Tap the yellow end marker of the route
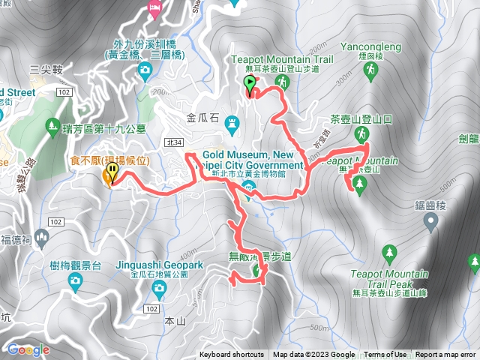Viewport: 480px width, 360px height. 112,174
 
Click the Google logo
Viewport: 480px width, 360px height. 28,349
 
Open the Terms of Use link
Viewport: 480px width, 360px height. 385,355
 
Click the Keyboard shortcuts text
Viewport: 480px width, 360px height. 232,355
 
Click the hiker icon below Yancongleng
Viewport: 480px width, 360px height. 369,70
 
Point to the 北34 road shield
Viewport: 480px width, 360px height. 175,142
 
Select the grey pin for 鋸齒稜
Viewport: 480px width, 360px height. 430,220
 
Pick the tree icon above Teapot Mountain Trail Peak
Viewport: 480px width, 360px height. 388,252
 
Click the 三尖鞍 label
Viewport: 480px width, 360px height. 44,69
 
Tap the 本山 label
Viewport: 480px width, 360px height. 174,321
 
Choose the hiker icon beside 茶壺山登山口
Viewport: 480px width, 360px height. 361,134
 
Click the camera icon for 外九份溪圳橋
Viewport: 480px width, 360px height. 145,72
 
